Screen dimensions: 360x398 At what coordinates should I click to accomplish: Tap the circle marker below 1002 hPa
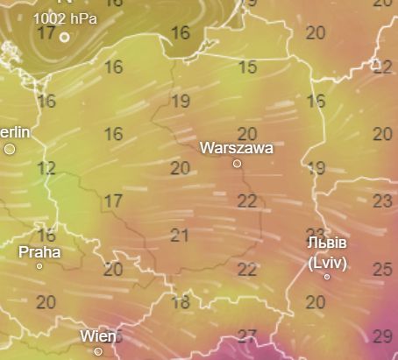(64, 37)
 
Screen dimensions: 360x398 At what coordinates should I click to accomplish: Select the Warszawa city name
(236, 148)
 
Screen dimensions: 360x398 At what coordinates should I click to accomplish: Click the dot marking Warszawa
(237, 164)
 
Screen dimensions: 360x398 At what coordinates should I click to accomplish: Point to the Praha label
(40, 251)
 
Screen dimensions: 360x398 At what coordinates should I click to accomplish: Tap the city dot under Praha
(39, 266)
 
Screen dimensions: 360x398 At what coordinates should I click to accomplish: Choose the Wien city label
(97, 336)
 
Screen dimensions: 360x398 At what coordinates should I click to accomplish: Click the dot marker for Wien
(98, 351)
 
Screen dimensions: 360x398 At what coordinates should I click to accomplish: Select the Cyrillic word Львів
(327, 243)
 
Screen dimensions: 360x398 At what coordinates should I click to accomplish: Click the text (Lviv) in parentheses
(327, 260)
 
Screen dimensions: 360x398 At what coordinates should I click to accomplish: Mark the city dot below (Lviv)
(327, 277)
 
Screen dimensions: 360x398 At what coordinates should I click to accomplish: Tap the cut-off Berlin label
(15, 132)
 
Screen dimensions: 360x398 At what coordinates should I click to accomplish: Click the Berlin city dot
(10, 149)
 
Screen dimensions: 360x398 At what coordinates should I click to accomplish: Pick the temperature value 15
(247, 67)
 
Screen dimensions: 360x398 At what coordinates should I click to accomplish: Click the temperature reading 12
(46, 168)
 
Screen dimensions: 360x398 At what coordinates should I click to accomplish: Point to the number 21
(180, 235)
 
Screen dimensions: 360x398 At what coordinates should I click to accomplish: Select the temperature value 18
(180, 303)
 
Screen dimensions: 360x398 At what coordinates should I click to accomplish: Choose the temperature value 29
(382, 336)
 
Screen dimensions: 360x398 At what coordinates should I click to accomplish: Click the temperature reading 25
(382, 269)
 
